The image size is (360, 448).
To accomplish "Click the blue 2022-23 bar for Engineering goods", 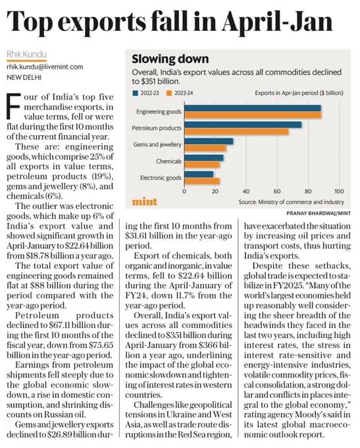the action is pyautogui.click(x=252, y=108).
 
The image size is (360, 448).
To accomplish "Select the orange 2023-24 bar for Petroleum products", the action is pyautogui.click(x=236, y=132).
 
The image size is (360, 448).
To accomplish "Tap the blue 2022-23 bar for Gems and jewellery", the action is pyautogui.click(x=209, y=142).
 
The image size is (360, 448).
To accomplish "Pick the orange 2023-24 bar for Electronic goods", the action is pyautogui.click(x=202, y=181).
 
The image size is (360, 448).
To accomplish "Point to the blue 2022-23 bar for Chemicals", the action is pyautogui.click(x=204, y=157).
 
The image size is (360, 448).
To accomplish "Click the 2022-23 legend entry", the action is pyautogui.click(x=145, y=93).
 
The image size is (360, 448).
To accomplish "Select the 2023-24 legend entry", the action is pyautogui.click(x=180, y=93).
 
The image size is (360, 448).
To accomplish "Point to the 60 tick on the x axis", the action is pyautogui.click(x=277, y=191).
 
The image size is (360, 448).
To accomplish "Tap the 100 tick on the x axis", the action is pyautogui.click(x=339, y=191).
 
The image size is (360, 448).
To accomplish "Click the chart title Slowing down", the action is pyautogui.click(x=170, y=59).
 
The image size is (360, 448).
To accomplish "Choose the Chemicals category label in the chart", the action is pyautogui.click(x=168, y=161).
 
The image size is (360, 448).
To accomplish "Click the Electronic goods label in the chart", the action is pyautogui.click(x=161, y=178).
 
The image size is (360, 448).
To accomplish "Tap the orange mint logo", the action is pyautogui.click(x=144, y=202).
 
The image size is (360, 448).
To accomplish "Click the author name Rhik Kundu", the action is pyautogui.click(x=26, y=54).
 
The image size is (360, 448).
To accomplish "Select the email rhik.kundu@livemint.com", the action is pyautogui.click(x=45, y=67).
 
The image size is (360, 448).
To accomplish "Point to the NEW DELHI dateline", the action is pyautogui.click(x=24, y=77).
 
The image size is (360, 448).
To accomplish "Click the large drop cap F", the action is pyautogui.click(x=13, y=107).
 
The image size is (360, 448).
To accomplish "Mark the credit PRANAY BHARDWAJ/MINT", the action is pyautogui.click(x=319, y=213).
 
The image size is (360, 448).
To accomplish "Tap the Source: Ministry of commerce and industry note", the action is pyautogui.click(x=291, y=202).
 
